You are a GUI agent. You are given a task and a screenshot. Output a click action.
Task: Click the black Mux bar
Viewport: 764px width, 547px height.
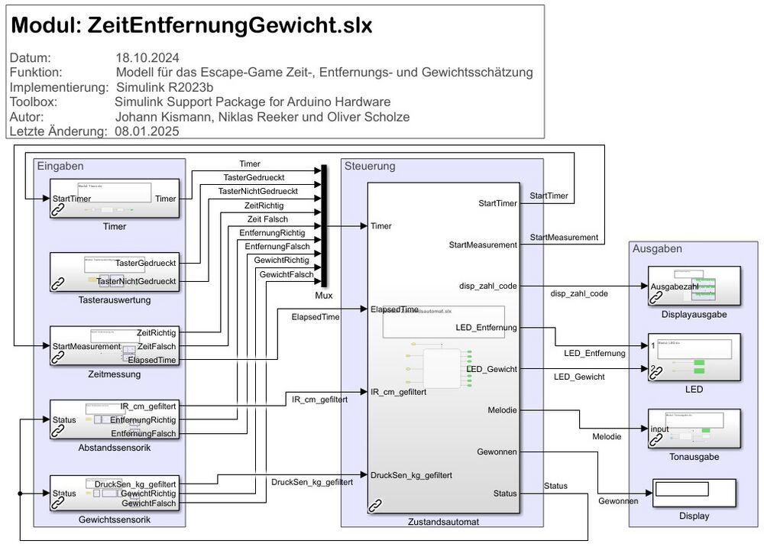[x=324, y=225]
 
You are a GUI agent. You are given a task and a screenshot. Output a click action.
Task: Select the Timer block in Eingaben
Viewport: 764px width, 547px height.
[x=115, y=200]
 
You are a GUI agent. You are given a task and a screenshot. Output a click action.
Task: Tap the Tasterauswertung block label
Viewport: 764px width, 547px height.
[x=115, y=300]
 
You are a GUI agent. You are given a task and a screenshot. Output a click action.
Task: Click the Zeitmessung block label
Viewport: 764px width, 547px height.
[x=115, y=374]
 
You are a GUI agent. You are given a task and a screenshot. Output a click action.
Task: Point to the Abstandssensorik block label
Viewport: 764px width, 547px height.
[x=115, y=447]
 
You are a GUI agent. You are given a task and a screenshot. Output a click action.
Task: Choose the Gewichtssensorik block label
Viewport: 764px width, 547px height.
[x=115, y=520]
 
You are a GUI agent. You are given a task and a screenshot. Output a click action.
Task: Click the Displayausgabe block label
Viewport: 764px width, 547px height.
[x=694, y=313]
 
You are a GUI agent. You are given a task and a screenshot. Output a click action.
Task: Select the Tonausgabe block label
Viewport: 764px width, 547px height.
[x=694, y=457]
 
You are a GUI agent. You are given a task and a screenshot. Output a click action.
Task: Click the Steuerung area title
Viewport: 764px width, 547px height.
[x=370, y=166]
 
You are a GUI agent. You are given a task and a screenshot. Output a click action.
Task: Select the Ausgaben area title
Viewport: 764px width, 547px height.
[x=657, y=248]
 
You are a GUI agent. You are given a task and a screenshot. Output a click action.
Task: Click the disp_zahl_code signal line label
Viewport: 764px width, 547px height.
[x=579, y=293]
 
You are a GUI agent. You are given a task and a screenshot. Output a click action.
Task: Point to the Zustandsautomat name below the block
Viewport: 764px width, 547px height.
[x=443, y=521]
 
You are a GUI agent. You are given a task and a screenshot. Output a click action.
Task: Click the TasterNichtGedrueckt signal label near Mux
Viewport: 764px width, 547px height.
[x=258, y=191]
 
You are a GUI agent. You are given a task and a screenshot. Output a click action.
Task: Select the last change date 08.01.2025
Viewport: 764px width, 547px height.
[x=147, y=131]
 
